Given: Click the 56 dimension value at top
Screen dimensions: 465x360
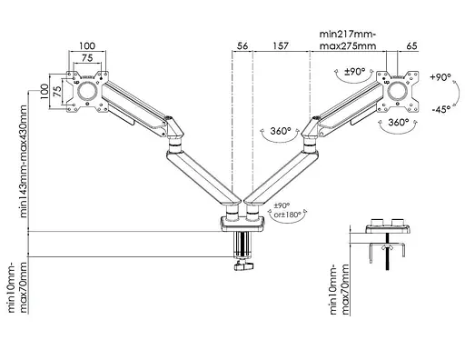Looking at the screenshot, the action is pyautogui.click(x=242, y=46).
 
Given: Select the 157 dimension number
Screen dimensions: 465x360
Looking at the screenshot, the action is pyautogui.click(x=281, y=46).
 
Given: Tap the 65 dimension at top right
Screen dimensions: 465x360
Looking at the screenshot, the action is pyautogui.click(x=411, y=46).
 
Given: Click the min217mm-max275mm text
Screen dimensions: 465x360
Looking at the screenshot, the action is pyautogui.click(x=348, y=40).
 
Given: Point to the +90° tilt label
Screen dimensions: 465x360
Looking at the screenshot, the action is pyautogui.click(x=440, y=77).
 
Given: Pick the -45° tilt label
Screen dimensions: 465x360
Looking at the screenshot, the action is pyautogui.click(x=441, y=109).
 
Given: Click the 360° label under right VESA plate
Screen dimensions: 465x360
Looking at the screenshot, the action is pyautogui.click(x=399, y=122).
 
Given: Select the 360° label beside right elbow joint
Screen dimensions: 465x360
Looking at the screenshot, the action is pyautogui.click(x=281, y=131).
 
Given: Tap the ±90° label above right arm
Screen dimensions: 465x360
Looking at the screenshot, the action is pyautogui.click(x=355, y=72).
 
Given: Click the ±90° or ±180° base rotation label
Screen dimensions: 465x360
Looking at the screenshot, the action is pyautogui.click(x=287, y=210).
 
